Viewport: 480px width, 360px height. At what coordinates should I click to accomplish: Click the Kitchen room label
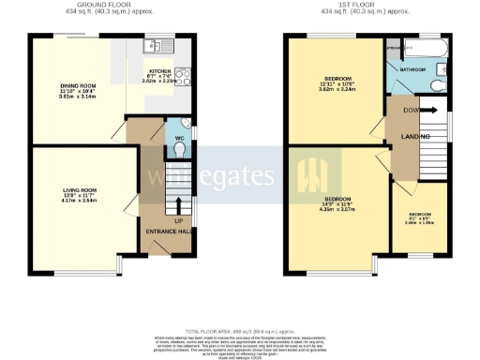[x=158, y=71]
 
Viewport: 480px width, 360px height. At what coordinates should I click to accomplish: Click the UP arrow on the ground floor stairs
[x=178, y=203]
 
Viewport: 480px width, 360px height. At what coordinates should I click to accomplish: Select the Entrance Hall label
[x=169, y=231]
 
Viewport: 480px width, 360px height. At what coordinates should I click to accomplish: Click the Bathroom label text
[x=413, y=69]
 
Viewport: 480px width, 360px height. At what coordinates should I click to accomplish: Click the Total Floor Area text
[x=241, y=332]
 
